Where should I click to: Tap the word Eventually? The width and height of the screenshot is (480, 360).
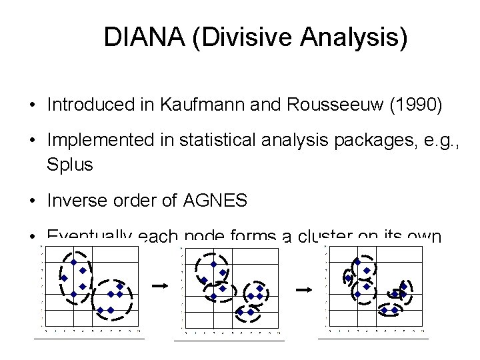pyautogui.click(x=89, y=236)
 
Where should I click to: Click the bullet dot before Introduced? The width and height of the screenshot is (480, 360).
pyautogui.click(x=31, y=105)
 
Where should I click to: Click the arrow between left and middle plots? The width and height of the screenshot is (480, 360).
pyautogui.click(x=159, y=285)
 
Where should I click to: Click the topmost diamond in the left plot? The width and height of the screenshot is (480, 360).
pyautogui.click(x=73, y=262)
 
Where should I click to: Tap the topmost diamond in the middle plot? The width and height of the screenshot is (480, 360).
pyautogui.click(x=213, y=263)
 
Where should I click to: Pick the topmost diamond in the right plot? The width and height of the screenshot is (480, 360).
pyautogui.click(x=357, y=262)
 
